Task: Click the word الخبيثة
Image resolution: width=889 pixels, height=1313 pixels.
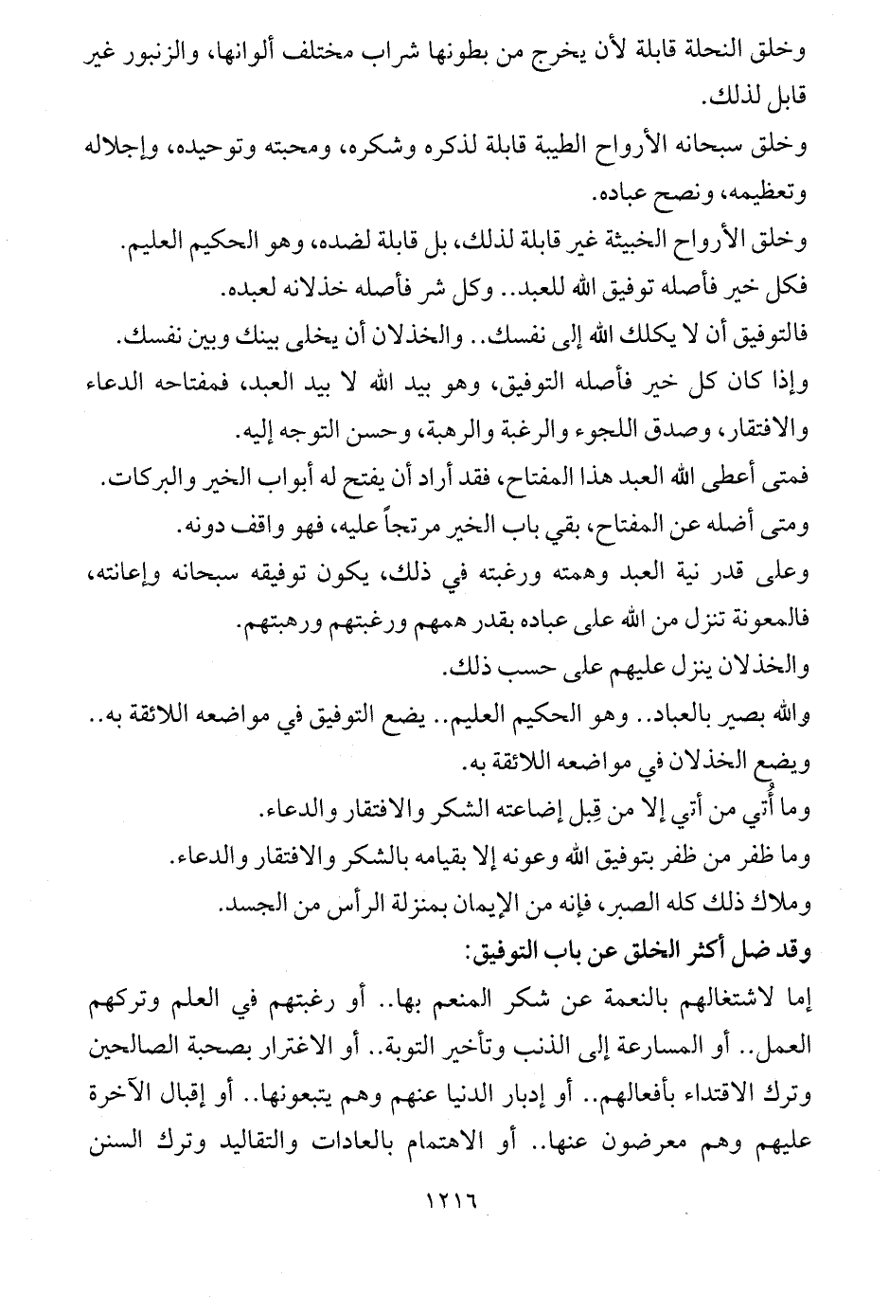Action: point(591,248)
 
